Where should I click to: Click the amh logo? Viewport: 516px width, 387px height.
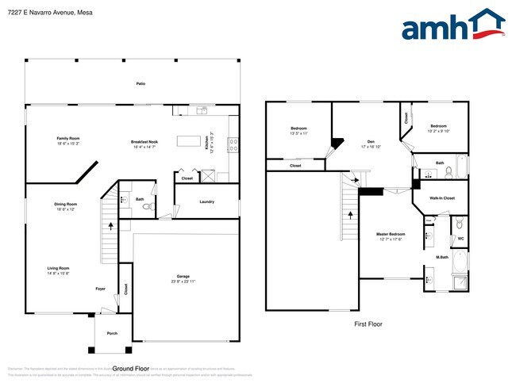tap(452, 25)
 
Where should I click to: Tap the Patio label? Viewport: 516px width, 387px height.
tap(141, 83)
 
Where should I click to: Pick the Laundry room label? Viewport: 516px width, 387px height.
tap(206, 201)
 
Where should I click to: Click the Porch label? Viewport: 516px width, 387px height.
tap(112, 333)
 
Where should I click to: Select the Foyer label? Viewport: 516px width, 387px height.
tap(101, 289)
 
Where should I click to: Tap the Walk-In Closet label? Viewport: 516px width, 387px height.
tap(441, 197)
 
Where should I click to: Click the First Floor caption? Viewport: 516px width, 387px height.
tap(368, 324)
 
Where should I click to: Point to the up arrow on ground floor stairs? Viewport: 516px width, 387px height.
tap(110, 226)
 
